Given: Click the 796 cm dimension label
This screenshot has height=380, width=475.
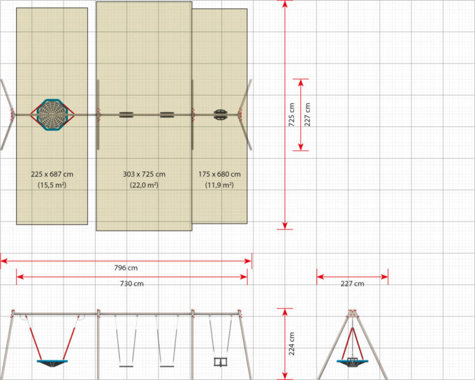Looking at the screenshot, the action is point(126,268).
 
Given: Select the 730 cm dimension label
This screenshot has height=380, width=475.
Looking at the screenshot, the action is point(132,284).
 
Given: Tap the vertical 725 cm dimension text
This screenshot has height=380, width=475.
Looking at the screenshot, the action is point(291,115).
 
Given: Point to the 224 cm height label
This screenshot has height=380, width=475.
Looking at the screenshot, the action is point(291,344).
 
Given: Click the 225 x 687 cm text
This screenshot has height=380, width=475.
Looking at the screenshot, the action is point(52,174).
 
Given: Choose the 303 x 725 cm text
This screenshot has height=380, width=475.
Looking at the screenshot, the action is point(144,174).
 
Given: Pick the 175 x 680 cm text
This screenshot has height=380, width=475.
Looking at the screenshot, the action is point(219,174).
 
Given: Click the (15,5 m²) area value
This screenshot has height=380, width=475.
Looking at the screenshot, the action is point(52,185).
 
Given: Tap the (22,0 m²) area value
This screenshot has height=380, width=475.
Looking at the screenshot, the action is point(144,185).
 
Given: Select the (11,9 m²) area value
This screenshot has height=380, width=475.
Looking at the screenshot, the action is point(219,185).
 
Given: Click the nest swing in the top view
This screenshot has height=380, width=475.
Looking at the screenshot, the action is point(52,115).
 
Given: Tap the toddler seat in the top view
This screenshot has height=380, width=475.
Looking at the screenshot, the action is point(220,115).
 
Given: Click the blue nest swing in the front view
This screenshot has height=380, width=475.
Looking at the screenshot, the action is point(52,363).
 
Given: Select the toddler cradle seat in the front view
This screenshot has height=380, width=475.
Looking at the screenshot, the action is point(221,362).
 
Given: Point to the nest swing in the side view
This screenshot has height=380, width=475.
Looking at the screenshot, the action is point(352,363).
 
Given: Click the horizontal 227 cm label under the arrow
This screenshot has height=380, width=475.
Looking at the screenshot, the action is point(352,284).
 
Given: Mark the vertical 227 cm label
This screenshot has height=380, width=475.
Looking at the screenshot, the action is point(307,115).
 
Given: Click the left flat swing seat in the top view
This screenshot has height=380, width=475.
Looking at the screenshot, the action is point(126,115).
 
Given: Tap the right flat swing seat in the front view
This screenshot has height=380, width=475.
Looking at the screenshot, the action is point(167,366).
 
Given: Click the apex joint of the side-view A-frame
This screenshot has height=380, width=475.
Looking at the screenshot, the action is point(352,314).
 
